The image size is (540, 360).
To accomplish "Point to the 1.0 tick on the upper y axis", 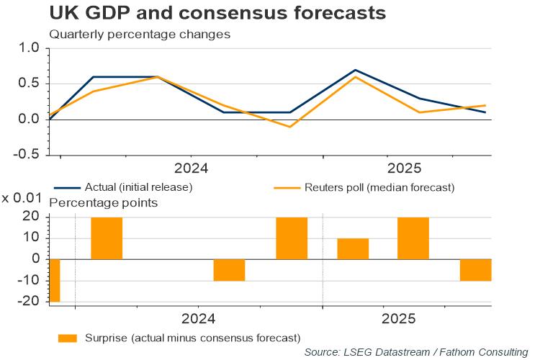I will pos(28,48).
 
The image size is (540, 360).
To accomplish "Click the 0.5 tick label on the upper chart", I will pos(28,84).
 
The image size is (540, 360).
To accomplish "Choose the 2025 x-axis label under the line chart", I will pos(404,168).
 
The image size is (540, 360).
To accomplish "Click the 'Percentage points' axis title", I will pos(103,203).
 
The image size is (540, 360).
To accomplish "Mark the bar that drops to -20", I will pos(54,281).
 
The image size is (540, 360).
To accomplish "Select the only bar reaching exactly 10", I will pos(353,248).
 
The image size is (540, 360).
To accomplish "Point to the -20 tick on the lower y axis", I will pos(29,302).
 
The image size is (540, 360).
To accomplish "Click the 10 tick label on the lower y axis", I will pos(32,238).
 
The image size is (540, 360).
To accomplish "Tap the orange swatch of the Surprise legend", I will pos(67,336).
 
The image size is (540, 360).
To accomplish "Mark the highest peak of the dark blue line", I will pos(354,70).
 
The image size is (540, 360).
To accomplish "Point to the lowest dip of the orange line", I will pos(289,127).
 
